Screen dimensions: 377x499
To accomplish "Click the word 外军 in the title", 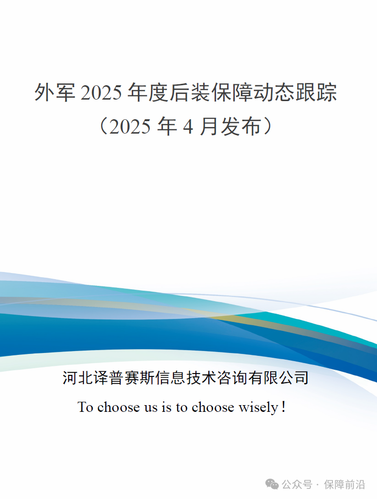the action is [x=55, y=92].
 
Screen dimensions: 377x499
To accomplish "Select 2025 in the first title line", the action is [x=101, y=93].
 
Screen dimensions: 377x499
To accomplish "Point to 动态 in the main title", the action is [x=274, y=92].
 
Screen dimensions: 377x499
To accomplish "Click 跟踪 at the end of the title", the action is [x=316, y=92].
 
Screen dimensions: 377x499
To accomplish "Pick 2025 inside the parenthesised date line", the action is [x=130, y=126].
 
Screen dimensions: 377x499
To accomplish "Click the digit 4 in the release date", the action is [x=188, y=126].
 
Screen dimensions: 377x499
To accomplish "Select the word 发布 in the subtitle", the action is [x=241, y=126].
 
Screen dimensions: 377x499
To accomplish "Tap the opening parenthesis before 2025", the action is [x=104, y=126].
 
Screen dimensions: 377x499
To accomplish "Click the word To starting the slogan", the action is [x=85, y=407].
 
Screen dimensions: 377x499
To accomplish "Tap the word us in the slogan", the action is [x=151, y=408].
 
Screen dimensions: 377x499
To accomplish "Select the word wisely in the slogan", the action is [x=259, y=408].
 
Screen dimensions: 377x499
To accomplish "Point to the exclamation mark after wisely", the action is [x=283, y=407].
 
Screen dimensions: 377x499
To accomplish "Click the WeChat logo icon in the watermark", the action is [x=272, y=484].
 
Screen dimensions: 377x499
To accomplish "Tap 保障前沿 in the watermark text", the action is [x=344, y=485].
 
